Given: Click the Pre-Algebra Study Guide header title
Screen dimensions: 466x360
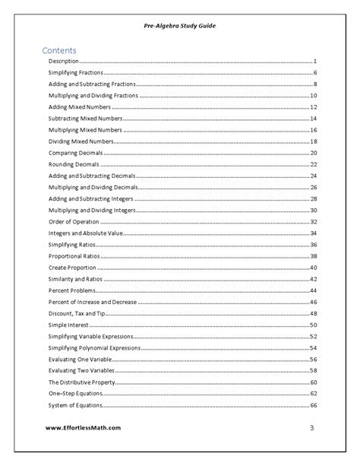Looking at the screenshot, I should (180, 25).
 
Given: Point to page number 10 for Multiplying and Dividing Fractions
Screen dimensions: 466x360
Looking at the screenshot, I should (313, 95).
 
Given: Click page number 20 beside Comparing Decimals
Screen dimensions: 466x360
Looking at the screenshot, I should (313, 153).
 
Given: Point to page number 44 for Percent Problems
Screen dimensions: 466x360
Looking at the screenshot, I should (313, 291).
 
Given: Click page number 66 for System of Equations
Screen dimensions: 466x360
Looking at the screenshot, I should (313, 405).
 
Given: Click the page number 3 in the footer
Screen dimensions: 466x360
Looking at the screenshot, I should (311, 428).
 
